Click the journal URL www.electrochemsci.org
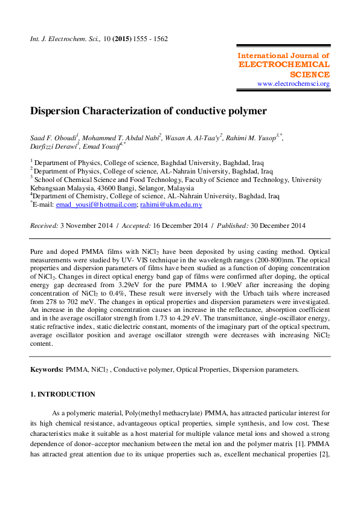[293, 83]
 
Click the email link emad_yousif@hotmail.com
[97, 205]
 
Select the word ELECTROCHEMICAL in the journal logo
[284, 64]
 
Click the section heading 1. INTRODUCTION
[62, 394]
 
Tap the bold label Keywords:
[47, 369]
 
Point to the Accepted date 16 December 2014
[184, 225]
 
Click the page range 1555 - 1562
[152, 39]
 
